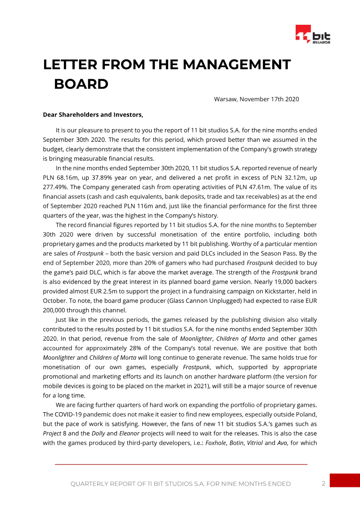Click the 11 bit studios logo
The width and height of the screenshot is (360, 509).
click(312, 35)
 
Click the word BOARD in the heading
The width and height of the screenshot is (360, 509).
click(81, 84)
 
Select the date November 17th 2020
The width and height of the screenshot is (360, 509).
click(270, 99)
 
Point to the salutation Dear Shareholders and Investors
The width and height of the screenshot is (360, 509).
click(93, 115)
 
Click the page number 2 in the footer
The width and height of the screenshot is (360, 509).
click(323, 483)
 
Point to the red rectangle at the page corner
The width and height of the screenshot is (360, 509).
click(345, 480)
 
